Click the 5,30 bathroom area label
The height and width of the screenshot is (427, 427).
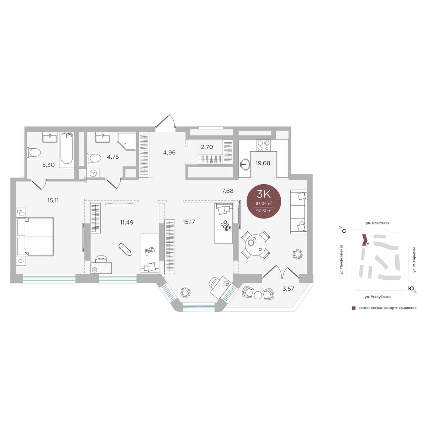click(48, 165)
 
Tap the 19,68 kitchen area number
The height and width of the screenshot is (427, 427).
click(263, 163)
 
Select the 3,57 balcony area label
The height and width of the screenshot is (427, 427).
click(288, 289)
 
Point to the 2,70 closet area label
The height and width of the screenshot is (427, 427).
click(207, 147)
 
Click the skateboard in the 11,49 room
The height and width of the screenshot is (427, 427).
click(125, 249)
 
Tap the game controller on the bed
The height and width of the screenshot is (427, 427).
click(150, 251)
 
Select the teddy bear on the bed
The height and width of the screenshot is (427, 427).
click(226, 226)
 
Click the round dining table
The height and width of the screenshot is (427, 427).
click(255, 245)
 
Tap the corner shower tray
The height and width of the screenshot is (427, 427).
click(127, 142)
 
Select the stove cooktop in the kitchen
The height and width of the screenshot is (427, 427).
click(263, 146)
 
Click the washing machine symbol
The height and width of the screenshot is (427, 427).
click(93, 173)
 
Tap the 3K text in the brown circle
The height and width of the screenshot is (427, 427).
click(264, 194)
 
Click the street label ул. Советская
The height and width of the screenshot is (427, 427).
click(378, 223)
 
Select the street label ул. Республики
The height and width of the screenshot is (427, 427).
click(378, 297)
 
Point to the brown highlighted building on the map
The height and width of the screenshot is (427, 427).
click(364, 240)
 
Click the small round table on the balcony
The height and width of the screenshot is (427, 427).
click(258, 295)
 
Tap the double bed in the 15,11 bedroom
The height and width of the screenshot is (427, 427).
click(35, 237)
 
